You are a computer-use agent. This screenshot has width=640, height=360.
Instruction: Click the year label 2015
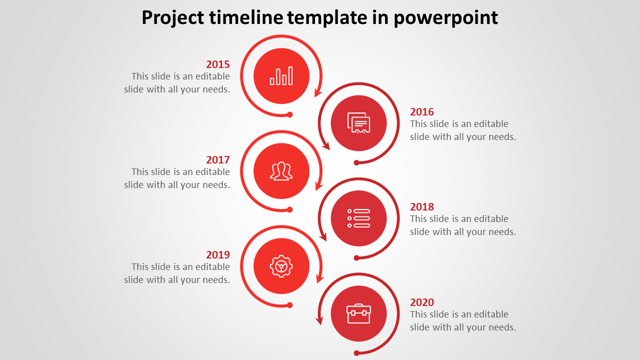217,64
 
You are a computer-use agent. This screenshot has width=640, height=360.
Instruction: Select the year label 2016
421,111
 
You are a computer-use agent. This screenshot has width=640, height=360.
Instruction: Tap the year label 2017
217,159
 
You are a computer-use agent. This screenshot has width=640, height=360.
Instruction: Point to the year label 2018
421,206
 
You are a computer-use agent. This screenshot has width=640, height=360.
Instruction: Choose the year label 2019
217,254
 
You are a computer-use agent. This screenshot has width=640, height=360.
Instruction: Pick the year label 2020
421,302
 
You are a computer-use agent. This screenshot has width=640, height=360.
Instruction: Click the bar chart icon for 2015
281,76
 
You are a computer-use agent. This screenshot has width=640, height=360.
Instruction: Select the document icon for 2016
358,123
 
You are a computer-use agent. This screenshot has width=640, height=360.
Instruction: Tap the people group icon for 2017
281,171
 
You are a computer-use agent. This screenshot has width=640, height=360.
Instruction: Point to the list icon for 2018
358,218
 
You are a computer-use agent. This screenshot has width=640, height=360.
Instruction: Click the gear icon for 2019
281,266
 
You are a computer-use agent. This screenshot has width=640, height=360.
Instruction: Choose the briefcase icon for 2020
358,313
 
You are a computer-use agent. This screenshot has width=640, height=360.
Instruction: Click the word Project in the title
172,17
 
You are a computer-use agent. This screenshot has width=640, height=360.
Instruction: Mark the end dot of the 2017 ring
289,209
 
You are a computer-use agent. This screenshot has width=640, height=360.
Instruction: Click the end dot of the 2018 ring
356,258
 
